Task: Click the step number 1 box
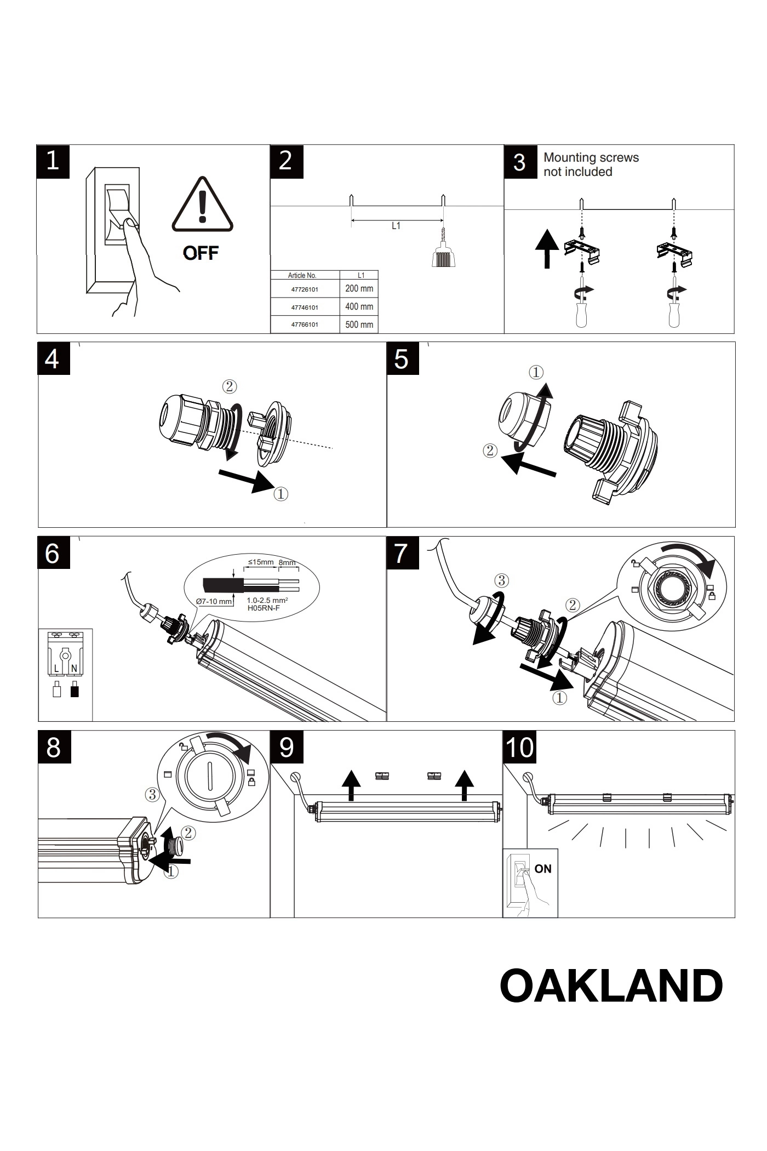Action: pos(53,162)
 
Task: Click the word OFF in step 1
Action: pos(201,253)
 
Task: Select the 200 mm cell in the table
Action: pos(359,289)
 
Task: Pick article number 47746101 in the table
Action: pos(305,307)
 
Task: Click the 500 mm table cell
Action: pos(359,324)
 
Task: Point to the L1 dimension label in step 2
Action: pos(396,226)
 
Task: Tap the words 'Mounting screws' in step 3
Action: pos(591,158)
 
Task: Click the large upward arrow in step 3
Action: pos(547,249)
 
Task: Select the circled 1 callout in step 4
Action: pos(281,494)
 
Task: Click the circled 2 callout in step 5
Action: pos(490,451)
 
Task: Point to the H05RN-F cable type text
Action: pos(264,607)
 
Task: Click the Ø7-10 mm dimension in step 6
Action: pos(214,601)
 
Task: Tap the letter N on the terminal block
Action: pos(74,669)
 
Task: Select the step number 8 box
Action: pos(54,747)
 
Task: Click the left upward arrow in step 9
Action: pos(351,785)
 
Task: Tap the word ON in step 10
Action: pos(542,869)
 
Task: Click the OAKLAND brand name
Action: pos(611,986)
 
